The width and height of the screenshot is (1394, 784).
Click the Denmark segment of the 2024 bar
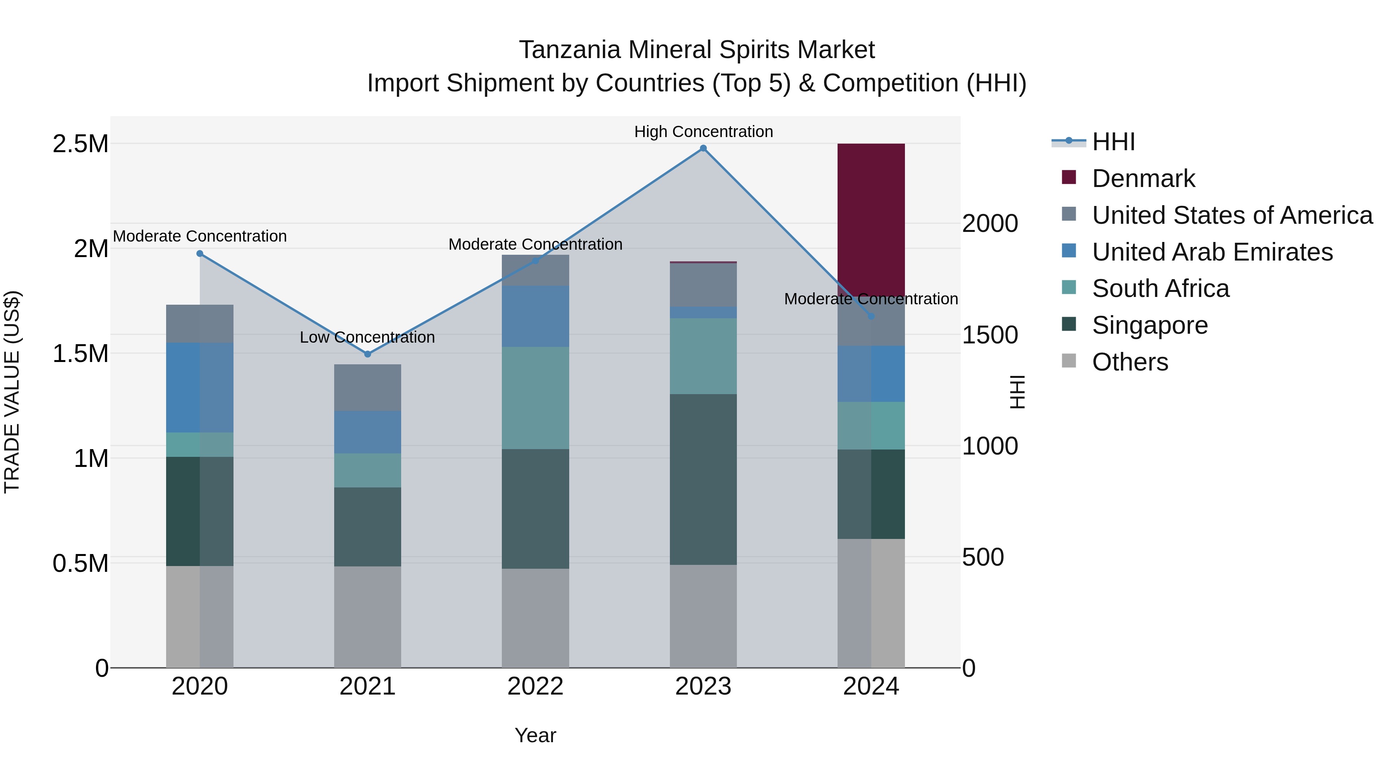(871, 216)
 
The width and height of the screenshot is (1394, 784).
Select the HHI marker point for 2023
(703, 148)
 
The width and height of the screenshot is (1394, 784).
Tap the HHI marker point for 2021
(367, 354)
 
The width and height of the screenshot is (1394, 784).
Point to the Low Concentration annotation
(367, 338)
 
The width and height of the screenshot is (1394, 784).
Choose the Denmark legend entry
(1143, 178)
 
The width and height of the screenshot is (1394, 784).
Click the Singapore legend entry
(1149, 325)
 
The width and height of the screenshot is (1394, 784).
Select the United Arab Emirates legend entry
(1212, 252)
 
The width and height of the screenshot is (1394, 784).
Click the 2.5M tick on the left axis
(80, 144)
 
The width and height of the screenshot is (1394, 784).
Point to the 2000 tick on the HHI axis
(990, 223)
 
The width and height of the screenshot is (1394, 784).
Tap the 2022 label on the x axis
(535, 686)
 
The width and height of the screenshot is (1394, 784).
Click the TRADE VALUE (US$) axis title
(12, 392)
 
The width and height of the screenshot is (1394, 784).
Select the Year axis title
(535, 735)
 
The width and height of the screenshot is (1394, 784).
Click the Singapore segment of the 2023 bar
(703, 479)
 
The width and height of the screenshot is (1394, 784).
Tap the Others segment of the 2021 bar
(367, 617)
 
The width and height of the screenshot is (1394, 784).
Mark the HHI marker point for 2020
(200, 254)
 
